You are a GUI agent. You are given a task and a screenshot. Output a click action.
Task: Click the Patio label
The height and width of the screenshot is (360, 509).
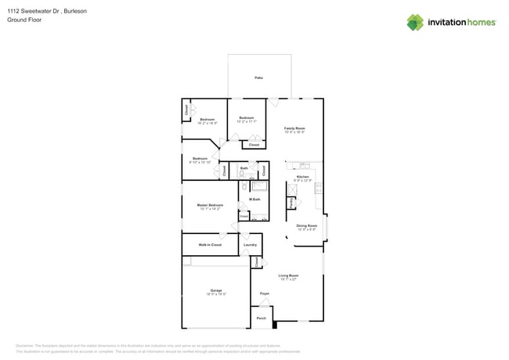[x=258, y=78]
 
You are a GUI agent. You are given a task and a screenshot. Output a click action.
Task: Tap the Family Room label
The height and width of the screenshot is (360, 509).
[x=294, y=128]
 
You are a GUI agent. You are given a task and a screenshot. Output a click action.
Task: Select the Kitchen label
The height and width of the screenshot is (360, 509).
[x=302, y=178]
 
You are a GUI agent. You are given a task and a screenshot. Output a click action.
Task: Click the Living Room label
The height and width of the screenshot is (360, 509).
[x=288, y=275]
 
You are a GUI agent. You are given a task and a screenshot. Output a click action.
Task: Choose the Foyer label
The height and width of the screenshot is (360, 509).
[x=265, y=293]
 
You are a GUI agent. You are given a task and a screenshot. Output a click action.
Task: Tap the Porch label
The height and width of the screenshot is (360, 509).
[x=262, y=319]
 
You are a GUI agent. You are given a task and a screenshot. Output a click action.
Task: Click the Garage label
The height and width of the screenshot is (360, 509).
[x=216, y=290]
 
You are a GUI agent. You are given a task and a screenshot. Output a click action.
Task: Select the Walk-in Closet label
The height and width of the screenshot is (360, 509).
[x=210, y=245]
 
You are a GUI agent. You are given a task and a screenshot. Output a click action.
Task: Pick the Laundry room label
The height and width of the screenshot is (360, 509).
[x=250, y=245]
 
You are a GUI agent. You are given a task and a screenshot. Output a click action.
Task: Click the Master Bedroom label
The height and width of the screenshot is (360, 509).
[x=210, y=205]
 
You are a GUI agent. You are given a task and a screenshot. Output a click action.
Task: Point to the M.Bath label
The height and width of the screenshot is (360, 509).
[x=254, y=200]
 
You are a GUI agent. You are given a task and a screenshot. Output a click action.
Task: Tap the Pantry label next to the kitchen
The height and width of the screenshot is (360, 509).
[x=292, y=202]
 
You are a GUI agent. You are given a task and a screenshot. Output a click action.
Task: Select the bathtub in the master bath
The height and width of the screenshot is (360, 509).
[x=258, y=186]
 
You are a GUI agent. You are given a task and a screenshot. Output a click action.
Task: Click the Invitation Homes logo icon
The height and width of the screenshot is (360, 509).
[x=415, y=22]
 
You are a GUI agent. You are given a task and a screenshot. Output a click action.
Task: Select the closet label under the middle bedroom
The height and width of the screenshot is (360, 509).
[x=254, y=145]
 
